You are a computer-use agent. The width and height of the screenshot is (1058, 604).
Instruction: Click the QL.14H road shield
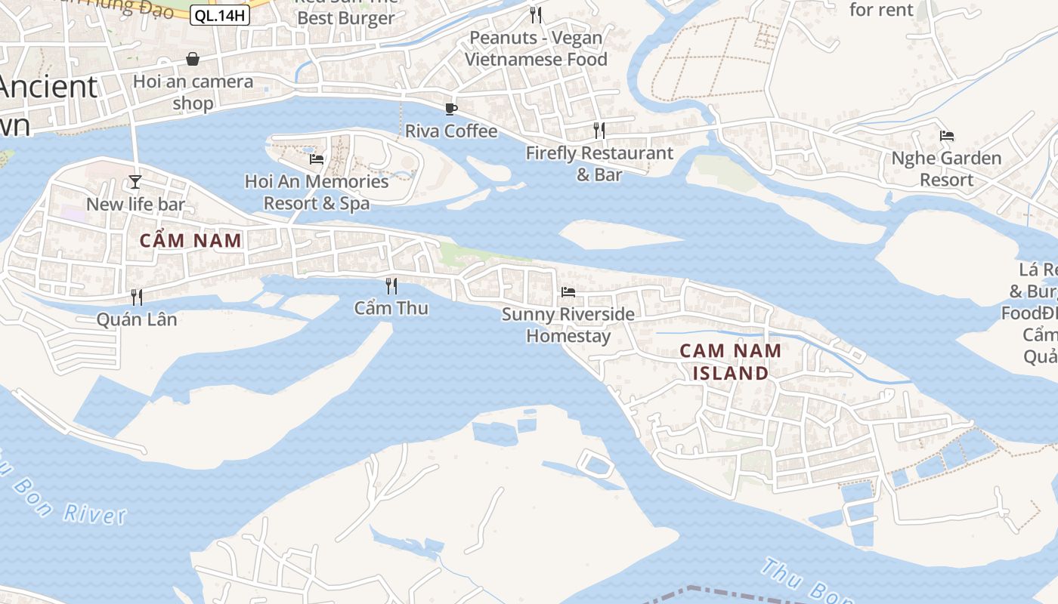click(x=219, y=15)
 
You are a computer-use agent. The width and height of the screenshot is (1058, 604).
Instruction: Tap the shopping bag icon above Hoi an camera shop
click(x=193, y=59)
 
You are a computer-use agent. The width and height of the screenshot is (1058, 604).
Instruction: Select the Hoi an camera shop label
click(x=193, y=91)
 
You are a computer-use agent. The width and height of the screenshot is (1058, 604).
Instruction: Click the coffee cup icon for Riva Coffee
click(x=451, y=109)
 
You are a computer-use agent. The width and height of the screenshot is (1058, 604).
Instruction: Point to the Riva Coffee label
click(x=451, y=131)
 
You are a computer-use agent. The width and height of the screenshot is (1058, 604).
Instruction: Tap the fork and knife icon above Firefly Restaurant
click(x=599, y=130)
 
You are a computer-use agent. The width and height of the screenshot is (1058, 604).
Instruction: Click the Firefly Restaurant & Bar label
click(x=599, y=163)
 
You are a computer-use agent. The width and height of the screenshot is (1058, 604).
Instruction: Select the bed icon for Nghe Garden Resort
click(x=947, y=136)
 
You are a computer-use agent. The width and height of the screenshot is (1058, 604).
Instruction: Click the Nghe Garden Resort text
click(x=946, y=169)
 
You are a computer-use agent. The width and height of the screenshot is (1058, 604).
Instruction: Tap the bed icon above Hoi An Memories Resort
click(x=317, y=159)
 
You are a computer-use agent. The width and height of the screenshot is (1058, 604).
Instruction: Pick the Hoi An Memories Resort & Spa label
click(x=317, y=192)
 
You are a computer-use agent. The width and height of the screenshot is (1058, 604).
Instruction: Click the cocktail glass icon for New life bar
click(x=135, y=182)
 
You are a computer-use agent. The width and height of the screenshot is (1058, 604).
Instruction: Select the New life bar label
click(x=135, y=204)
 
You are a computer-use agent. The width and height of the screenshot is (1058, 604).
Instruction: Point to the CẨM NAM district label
click(x=191, y=241)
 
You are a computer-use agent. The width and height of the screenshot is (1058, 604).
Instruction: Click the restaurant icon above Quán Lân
click(x=137, y=297)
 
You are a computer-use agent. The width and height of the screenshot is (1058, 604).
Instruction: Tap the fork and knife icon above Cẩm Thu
click(x=391, y=285)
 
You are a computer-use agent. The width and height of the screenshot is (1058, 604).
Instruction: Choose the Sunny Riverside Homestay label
click(x=568, y=325)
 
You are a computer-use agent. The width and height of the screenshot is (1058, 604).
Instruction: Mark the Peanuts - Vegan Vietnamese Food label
click(x=536, y=48)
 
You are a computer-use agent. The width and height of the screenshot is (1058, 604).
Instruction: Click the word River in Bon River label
click(x=94, y=514)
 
